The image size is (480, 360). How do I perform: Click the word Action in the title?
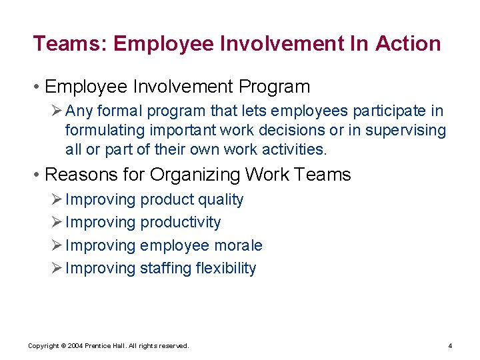408,44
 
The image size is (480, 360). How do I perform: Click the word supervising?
405,130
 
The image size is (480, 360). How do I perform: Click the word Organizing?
195,175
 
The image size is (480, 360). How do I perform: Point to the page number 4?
450,346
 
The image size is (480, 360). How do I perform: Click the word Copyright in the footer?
43,346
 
